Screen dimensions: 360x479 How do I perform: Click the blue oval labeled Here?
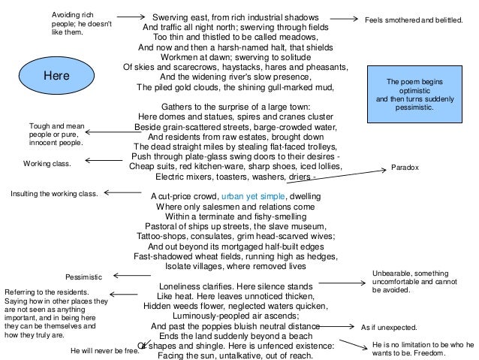(56, 76)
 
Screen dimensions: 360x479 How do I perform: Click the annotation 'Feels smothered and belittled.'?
(414, 19)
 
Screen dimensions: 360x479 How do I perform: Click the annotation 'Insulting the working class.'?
(53, 194)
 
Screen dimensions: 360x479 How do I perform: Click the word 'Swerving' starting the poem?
(171, 17)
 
